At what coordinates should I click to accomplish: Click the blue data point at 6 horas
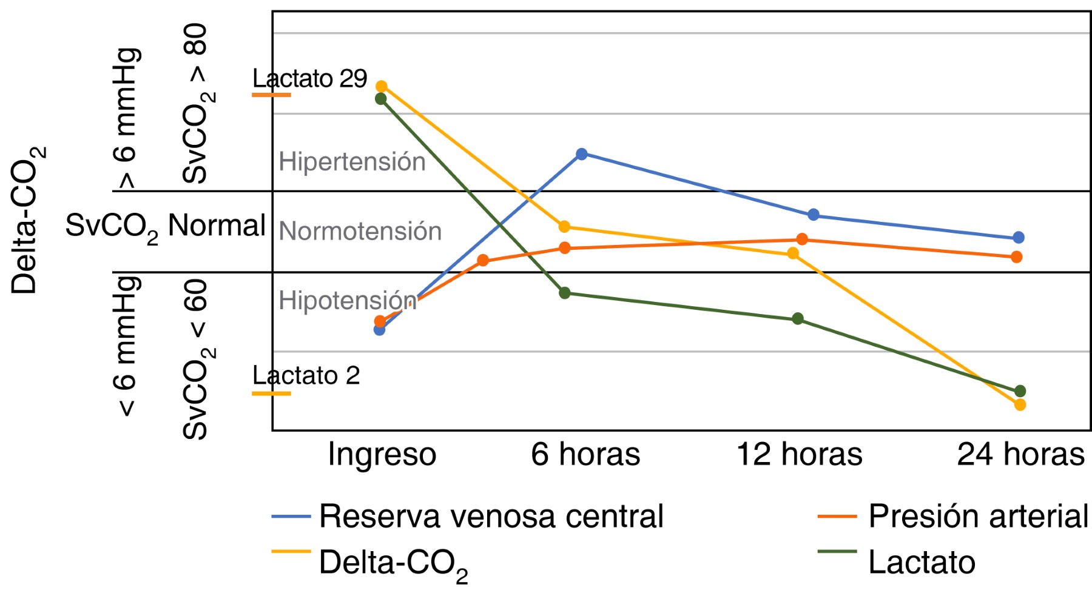coord(581,154)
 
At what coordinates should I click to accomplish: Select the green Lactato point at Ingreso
coord(381,99)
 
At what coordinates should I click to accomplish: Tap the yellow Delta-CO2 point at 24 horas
coord(1020,404)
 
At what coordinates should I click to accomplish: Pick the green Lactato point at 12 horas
coord(798,319)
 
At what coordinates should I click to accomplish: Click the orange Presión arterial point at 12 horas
coord(802,239)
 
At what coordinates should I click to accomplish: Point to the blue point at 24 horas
coord(1019,238)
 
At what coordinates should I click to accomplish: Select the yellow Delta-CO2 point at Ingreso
coord(382,87)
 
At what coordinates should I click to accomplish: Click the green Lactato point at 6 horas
coord(565,293)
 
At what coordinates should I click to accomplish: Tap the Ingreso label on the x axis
coord(382,455)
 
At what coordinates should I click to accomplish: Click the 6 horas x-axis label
coord(585,455)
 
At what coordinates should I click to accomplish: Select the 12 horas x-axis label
coord(799,455)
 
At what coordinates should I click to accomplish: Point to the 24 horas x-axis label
coord(1020,455)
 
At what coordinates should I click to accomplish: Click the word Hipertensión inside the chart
coord(352,162)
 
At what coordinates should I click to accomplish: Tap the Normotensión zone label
coord(360,232)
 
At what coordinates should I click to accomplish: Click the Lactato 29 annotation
coord(310,79)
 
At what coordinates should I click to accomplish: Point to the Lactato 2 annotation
coord(306,376)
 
